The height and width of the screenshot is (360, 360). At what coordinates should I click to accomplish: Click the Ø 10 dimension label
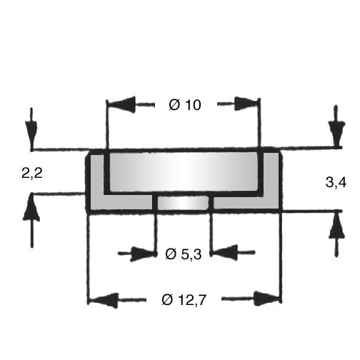pos(185,105)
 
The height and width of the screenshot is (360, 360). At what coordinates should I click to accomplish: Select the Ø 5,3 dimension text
pos(183,254)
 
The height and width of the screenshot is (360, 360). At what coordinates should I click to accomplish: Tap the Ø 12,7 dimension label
pos(184,300)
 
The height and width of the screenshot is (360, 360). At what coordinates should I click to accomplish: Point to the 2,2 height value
pos(32,173)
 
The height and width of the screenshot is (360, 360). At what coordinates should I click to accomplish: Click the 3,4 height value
pos(336,183)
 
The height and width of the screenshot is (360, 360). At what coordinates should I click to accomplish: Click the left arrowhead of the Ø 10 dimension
pos(122,104)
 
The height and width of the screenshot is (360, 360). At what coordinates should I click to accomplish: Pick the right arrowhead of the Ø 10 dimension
pos(246,104)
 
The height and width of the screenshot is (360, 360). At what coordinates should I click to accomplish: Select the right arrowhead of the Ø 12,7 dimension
pos(266,299)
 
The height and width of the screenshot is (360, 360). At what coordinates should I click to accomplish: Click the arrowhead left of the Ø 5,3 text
pos(142,254)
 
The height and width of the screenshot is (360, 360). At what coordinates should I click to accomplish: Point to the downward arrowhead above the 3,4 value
pos(336,132)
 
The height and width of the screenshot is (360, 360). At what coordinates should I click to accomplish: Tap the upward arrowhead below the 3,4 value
pos(336,225)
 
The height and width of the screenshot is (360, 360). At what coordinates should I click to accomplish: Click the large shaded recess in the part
pos(184,171)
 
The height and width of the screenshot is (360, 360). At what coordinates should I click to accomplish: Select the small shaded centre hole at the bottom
pos(183,203)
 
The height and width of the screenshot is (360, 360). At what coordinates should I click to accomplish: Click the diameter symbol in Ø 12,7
pos(167,300)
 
